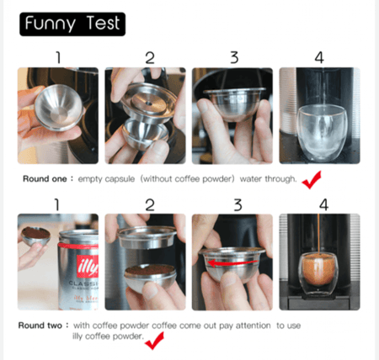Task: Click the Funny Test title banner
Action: (72, 24)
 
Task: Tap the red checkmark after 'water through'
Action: (311, 180)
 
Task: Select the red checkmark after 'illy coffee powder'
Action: (154, 341)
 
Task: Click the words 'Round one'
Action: (45, 179)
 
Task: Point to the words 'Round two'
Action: (40, 326)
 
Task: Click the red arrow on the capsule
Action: (232, 263)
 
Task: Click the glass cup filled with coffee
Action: (318, 273)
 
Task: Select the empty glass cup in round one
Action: (322, 133)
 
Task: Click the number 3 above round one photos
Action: (234, 57)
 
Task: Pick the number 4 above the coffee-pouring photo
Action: (323, 204)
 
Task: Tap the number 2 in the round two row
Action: (150, 205)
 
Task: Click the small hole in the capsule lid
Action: (149, 103)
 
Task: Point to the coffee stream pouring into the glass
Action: (318, 234)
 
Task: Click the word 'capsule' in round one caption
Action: (120, 179)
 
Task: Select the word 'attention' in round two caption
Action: (254, 326)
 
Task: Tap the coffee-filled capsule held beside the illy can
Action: (36, 236)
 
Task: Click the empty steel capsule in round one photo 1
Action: (59, 108)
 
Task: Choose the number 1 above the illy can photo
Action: (57, 204)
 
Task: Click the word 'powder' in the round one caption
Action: (218, 179)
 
